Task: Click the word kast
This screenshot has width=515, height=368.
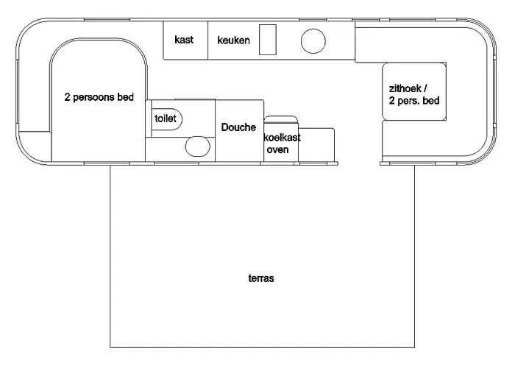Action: (x=184, y=40)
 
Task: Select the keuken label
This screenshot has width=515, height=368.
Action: (x=234, y=40)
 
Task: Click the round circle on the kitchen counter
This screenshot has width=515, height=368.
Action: (x=313, y=40)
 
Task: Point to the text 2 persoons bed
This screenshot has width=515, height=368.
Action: (x=99, y=97)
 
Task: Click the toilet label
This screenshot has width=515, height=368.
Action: (x=165, y=118)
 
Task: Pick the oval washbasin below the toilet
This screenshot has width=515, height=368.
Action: (x=196, y=146)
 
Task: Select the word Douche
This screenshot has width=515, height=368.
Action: (x=238, y=127)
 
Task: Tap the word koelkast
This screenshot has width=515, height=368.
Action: (x=282, y=137)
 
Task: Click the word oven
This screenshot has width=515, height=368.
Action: (x=277, y=150)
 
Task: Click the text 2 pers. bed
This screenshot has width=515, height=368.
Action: (x=414, y=101)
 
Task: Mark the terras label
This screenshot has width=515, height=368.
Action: (x=261, y=279)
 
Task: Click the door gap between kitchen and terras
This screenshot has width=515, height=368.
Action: (x=360, y=162)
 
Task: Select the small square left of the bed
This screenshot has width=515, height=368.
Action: (x=35, y=146)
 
